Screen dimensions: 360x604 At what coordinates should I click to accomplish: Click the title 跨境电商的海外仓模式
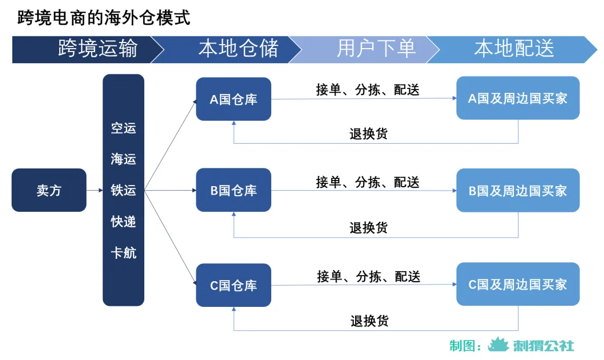[x=104, y=17]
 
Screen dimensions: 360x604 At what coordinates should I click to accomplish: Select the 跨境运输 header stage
[x=97, y=49]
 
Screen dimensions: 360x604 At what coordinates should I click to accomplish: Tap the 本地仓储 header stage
[x=238, y=49]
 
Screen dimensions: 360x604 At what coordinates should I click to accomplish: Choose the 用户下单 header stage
[x=376, y=49]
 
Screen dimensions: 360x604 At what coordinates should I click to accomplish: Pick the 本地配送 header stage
[x=513, y=49]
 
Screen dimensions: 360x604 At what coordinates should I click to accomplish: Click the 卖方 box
[x=49, y=190]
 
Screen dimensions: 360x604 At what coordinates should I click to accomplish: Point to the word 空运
[x=123, y=128]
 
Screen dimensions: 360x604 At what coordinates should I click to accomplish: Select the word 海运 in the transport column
[x=123, y=159]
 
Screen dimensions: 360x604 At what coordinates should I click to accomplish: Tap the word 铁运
[x=123, y=191]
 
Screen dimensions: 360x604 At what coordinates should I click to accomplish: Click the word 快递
[x=123, y=222]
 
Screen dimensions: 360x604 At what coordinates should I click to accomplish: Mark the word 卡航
[x=123, y=253]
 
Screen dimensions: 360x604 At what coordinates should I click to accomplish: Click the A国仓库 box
[x=233, y=99]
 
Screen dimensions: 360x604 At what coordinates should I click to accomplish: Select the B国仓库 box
[x=233, y=191]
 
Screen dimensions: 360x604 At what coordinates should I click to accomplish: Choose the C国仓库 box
[x=233, y=285]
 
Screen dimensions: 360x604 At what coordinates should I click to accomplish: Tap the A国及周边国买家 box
[x=517, y=98]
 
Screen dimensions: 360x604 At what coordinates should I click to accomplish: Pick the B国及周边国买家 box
[x=517, y=191]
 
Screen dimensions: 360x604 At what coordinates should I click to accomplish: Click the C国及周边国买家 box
[x=517, y=285]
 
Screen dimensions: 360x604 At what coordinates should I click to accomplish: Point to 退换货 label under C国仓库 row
[x=369, y=321]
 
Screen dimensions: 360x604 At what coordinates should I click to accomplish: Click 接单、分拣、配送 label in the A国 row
[x=367, y=89]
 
